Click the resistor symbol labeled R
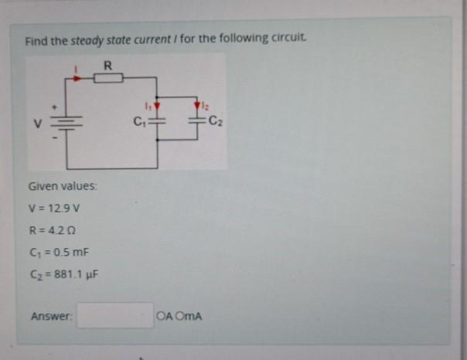[x=108, y=76]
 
